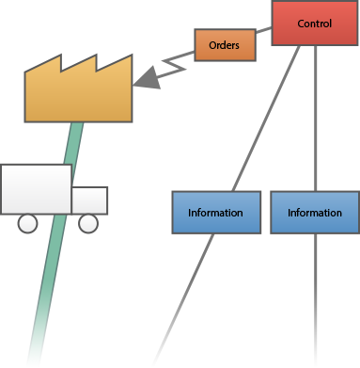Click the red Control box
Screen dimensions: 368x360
[x=315, y=23]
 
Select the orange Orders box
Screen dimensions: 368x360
[x=225, y=44]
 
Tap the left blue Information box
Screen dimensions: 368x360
[x=215, y=213]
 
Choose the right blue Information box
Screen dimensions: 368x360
[x=315, y=213]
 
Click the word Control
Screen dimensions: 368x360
[x=315, y=23]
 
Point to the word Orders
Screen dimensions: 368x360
[x=225, y=44]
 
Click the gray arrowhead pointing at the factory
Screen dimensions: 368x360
[x=147, y=80]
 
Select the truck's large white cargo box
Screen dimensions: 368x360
[x=36, y=189]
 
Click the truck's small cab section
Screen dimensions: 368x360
[x=90, y=200]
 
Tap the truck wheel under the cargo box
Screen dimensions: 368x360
[x=28, y=223]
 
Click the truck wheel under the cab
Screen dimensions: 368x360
[x=87, y=223]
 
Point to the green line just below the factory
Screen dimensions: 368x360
[x=73, y=141]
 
